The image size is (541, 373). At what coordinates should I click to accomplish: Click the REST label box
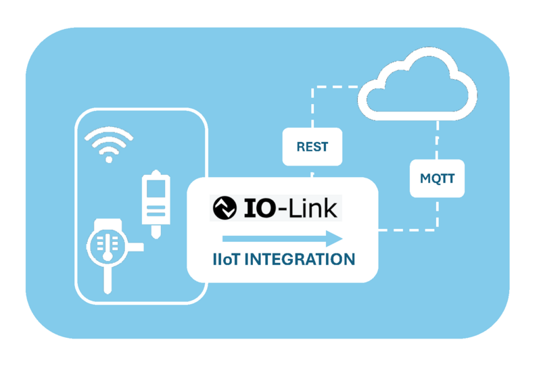[312, 147]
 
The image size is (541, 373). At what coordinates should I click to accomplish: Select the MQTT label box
[437, 178]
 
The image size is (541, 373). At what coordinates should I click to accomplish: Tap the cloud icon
[418, 84]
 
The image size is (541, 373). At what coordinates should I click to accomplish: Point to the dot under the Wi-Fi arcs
[109, 159]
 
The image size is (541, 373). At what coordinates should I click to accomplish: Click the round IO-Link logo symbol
[225, 208]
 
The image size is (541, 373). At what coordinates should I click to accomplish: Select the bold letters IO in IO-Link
[260, 208]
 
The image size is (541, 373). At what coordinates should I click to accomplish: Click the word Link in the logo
[313, 208]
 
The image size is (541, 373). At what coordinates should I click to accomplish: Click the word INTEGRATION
[300, 259]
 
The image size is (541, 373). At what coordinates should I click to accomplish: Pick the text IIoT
[227, 259]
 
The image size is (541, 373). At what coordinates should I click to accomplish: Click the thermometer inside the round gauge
[108, 247]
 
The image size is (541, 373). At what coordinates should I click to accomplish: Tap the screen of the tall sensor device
[156, 189]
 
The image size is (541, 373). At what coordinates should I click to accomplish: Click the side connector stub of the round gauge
[136, 247]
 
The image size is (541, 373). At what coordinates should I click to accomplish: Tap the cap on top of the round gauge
[108, 224]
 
